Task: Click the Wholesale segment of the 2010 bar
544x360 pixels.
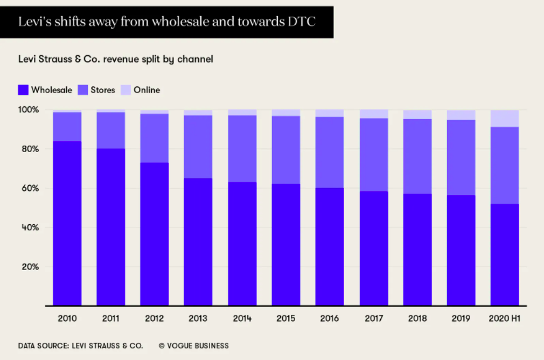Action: tap(67, 223)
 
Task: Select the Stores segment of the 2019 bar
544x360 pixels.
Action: tap(461, 157)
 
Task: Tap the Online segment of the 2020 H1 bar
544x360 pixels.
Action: tap(505, 119)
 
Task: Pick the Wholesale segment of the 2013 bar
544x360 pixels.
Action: tap(198, 242)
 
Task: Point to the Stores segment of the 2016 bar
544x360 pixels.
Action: tap(330, 153)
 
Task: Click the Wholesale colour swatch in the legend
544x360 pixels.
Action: tap(23, 90)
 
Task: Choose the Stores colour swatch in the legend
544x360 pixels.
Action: tap(83, 90)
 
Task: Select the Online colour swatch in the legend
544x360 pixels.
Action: tap(125, 90)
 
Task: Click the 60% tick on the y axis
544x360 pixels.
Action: tap(31, 188)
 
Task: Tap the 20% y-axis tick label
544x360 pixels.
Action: tap(31, 267)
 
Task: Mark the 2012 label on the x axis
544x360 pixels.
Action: tap(154, 319)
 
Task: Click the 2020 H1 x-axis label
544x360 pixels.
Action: tap(505, 319)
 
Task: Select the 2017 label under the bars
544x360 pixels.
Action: tap(373, 319)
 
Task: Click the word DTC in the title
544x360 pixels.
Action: tap(303, 22)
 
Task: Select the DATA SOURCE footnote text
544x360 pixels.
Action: tap(81, 345)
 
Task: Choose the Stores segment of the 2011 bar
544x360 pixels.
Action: tap(110, 130)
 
